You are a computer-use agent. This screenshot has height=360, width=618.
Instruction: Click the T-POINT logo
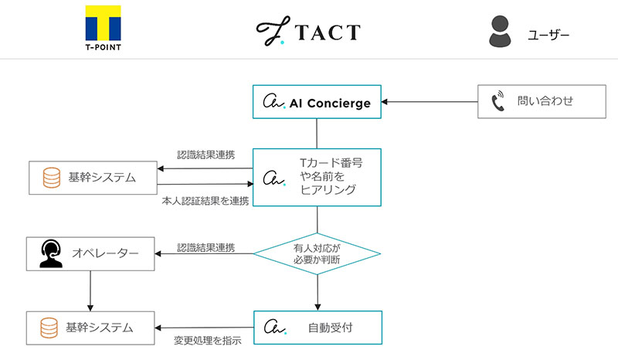(103, 28)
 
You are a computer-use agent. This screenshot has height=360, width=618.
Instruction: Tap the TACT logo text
(308, 31)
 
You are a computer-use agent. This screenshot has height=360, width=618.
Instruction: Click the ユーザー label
(548, 34)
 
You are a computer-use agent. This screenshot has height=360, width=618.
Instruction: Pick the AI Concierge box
(317, 102)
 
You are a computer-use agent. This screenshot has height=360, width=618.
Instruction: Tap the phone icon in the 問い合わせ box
(497, 101)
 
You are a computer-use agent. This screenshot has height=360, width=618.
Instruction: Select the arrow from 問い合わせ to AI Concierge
(429, 102)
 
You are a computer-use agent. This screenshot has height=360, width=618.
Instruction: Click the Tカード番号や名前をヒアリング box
(317, 177)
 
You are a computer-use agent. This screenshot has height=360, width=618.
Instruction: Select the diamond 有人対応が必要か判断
(317, 253)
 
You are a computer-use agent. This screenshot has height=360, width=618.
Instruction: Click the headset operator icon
(50, 253)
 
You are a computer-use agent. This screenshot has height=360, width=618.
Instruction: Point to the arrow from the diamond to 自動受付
(317, 292)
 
